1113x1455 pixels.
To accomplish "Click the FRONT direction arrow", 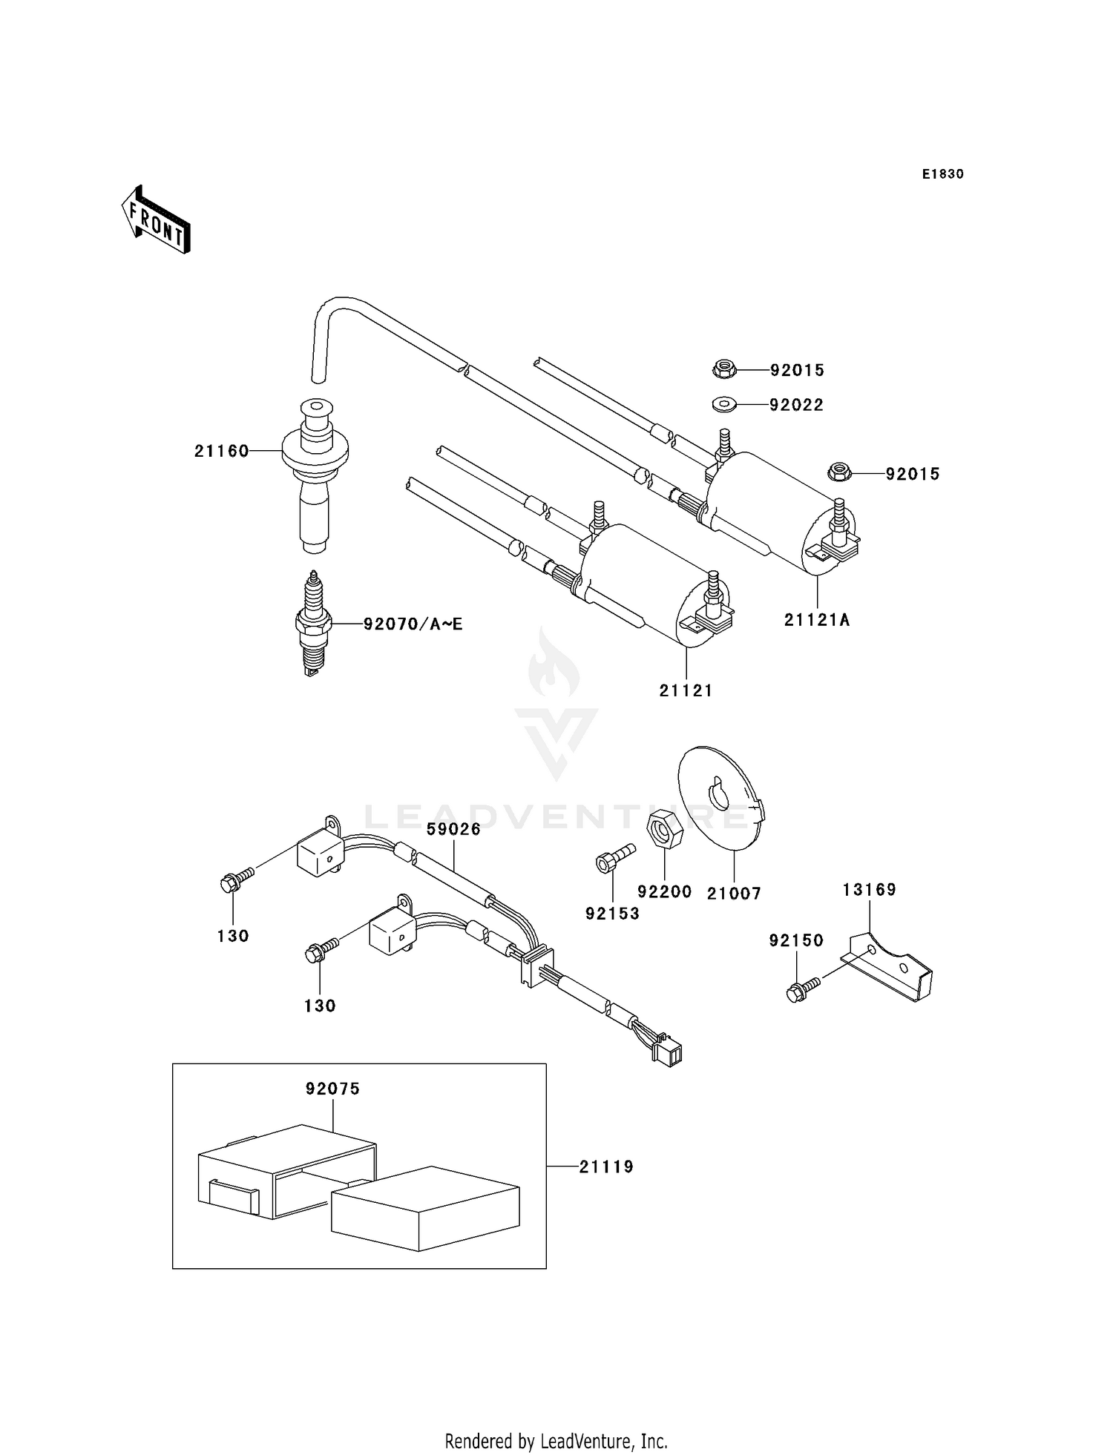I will click(x=157, y=220).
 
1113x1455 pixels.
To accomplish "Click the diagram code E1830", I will click(x=942, y=174).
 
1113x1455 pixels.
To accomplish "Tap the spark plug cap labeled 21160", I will click(x=315, y=475).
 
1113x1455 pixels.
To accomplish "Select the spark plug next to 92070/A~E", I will click(x=313, y=624).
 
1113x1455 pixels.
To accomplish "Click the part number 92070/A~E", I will click(x=413, y=624).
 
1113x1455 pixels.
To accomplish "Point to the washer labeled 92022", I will click(x=723, y=405).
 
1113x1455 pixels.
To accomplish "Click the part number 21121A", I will click(x=817, y=620).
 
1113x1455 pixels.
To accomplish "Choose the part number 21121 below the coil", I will click(x=686, y=690).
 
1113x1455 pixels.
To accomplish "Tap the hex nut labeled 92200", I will click(x=665, y=829).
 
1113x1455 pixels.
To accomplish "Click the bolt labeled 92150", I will click(x=801, y=989).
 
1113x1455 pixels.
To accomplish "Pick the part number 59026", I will click(x=453, y=829).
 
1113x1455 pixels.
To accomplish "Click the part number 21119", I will click(x=606, y=1167).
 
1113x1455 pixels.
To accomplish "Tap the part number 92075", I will click(x=332, y=1089).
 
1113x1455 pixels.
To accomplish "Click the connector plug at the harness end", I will click(x=670, y=1053).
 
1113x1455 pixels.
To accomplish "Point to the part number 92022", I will click(x=796, y=405).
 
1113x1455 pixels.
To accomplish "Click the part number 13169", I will click(x=869, y=889).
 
